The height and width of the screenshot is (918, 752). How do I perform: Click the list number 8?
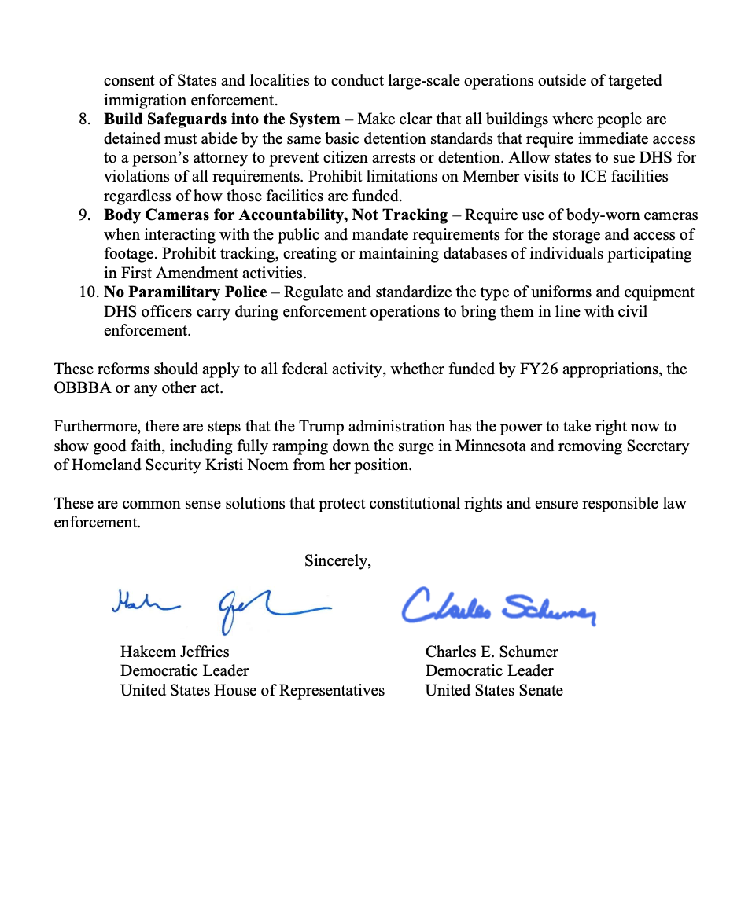(85, 119)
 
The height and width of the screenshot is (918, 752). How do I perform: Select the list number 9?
(85, 215)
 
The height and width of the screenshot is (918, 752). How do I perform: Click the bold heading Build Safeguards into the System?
(222, 119)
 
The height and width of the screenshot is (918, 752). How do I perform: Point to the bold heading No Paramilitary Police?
(186, 292)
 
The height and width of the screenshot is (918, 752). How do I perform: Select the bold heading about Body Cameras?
(275, 215)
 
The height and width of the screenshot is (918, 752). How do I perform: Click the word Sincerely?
(337, 560)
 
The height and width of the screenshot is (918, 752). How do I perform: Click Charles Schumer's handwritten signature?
(499, 606)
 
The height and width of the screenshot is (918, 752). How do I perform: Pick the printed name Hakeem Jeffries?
(175, 652)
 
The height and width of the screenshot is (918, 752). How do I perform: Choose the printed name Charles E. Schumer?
(492, 652)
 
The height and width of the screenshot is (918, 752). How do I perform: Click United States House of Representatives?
(253, 690)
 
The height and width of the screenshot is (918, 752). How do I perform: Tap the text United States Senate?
(494, 690)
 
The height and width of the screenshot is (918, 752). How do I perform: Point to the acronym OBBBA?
(81, 388)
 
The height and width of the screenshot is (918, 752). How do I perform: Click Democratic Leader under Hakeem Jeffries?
(184, 670)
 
